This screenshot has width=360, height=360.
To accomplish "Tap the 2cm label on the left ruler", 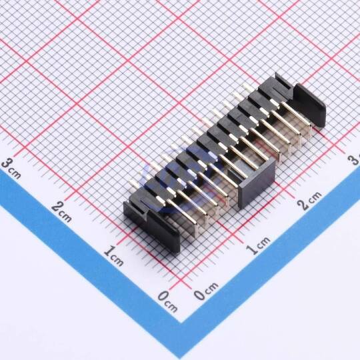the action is (61, 212).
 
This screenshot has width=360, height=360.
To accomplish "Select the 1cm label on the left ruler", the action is (113, 255).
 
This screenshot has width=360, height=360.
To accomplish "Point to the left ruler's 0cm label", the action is (167, 301).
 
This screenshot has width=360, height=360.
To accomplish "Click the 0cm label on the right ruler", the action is (206, 291).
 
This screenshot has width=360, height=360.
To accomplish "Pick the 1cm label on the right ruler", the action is (258, 245).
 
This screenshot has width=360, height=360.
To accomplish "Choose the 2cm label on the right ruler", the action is (309, 201).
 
